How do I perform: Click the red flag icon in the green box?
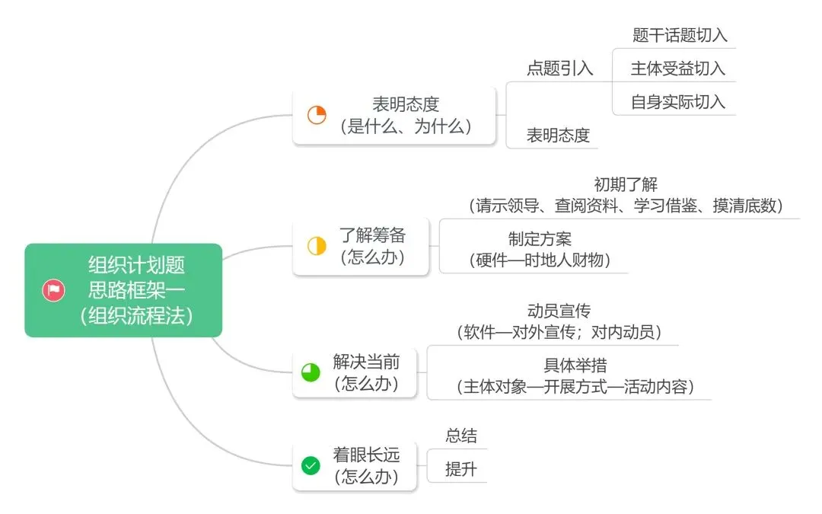pyautogui.click(x=53, y=290)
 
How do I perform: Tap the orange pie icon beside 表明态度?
pyautogui.click(x=317, y=116)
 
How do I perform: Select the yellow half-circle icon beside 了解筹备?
pyautogui.click(x=317, y=246)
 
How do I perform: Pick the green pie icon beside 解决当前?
pyautogui.click(x=311, y=372)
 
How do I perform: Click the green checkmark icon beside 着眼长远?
pyautogui.click(x=311, y=465)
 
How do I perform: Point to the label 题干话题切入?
pyautogui.click(x=680, y=35)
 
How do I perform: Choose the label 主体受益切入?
pyautogui.click(x=677, y=69)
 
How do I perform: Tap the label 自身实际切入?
pyautogui.click(x=677, y=102)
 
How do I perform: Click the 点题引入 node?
pyautogui.click(x=559, y=68)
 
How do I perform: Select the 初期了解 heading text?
pyautogui.click(x=626, y=184)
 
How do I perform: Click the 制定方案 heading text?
pyautogui.click(x=540, y=239)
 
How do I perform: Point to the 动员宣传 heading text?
pyautogui.click(x=559, y=311)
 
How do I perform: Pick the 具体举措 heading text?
pyautogui.click(x=575, y=366)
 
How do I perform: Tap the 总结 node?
pyautogui.click(x=461, y=436)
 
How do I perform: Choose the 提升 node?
pyautogui.click(x=461, y=469)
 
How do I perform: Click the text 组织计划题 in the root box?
pyautogui.click(x=136, y=266)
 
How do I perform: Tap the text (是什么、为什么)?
pyautogui.click(x=406, y=126)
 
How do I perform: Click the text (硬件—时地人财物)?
pyautogui.click(x=539, y=260)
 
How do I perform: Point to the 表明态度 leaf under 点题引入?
pyautogui.click(x=558, y=136)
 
